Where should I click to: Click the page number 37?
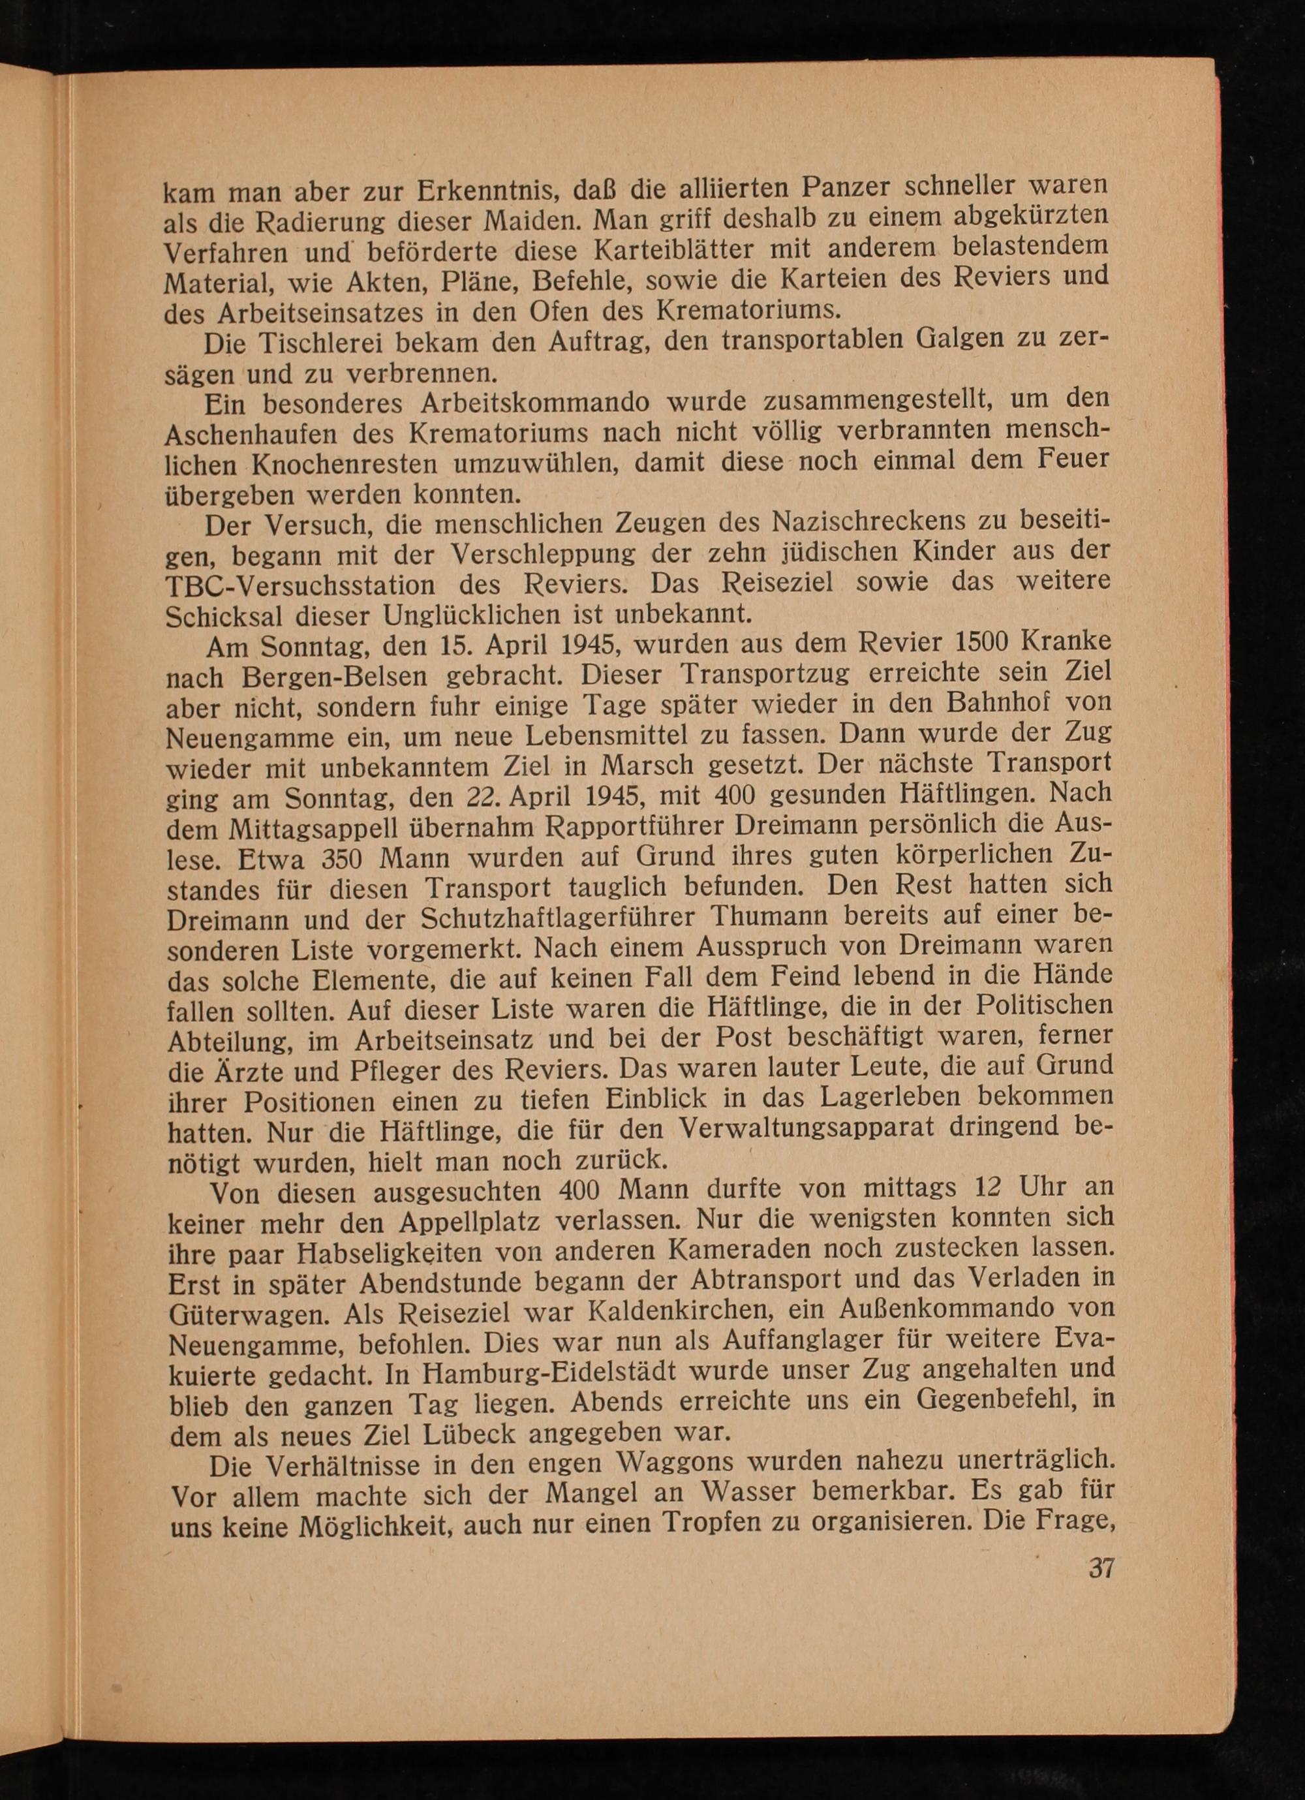pos(1101,1568)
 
